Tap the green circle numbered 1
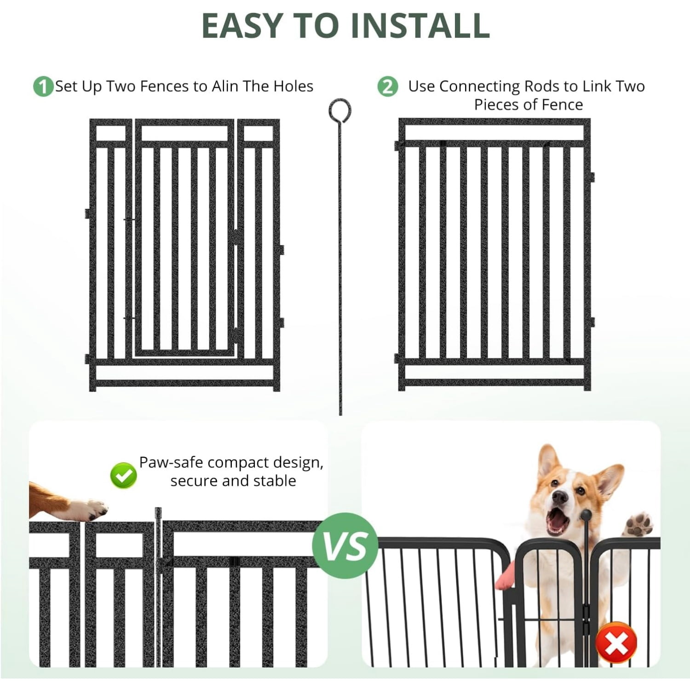tap(43, 86)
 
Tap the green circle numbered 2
tap(387, 86)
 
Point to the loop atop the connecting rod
tap(340, 111)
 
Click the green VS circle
tap(345, 546)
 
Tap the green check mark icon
tap(124, 476)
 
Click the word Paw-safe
tap(171, 463)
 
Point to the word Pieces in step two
tap(496, 104)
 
